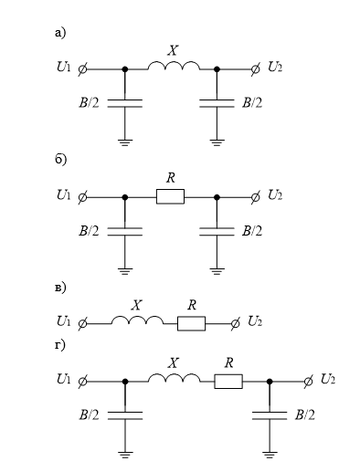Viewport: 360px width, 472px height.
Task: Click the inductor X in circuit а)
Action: [174, 65]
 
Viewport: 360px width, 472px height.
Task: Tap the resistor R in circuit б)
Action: [170, 196]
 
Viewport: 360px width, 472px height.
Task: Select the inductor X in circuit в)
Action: [137, 320]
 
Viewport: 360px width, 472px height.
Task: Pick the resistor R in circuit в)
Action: [191, 323]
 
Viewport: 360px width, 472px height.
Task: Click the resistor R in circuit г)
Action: [228, 382]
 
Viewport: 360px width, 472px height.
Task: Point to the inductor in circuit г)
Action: [174, 378]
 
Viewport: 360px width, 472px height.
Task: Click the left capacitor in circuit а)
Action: [125, 103]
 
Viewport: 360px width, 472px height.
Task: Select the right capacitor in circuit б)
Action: [217, 232]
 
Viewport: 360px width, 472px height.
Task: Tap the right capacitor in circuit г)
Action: [270, 415]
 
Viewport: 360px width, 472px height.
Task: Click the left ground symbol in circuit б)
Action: [125, 271]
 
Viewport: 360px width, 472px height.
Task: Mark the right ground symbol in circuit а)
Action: [217, 143]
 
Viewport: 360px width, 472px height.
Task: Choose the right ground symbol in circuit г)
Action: [270, 456]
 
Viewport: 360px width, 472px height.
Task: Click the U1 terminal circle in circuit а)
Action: [82, 69]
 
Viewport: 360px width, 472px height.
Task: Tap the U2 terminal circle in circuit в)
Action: [235, 324]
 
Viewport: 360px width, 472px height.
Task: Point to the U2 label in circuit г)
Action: [328, 380]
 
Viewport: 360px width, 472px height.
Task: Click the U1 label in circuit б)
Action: [63, 195]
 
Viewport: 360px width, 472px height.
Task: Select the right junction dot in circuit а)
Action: [217, 69]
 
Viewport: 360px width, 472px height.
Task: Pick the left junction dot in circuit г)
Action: [125, 382]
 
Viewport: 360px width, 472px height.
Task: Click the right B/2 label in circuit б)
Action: [252, 231]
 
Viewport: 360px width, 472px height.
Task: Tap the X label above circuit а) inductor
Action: [173, 50]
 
